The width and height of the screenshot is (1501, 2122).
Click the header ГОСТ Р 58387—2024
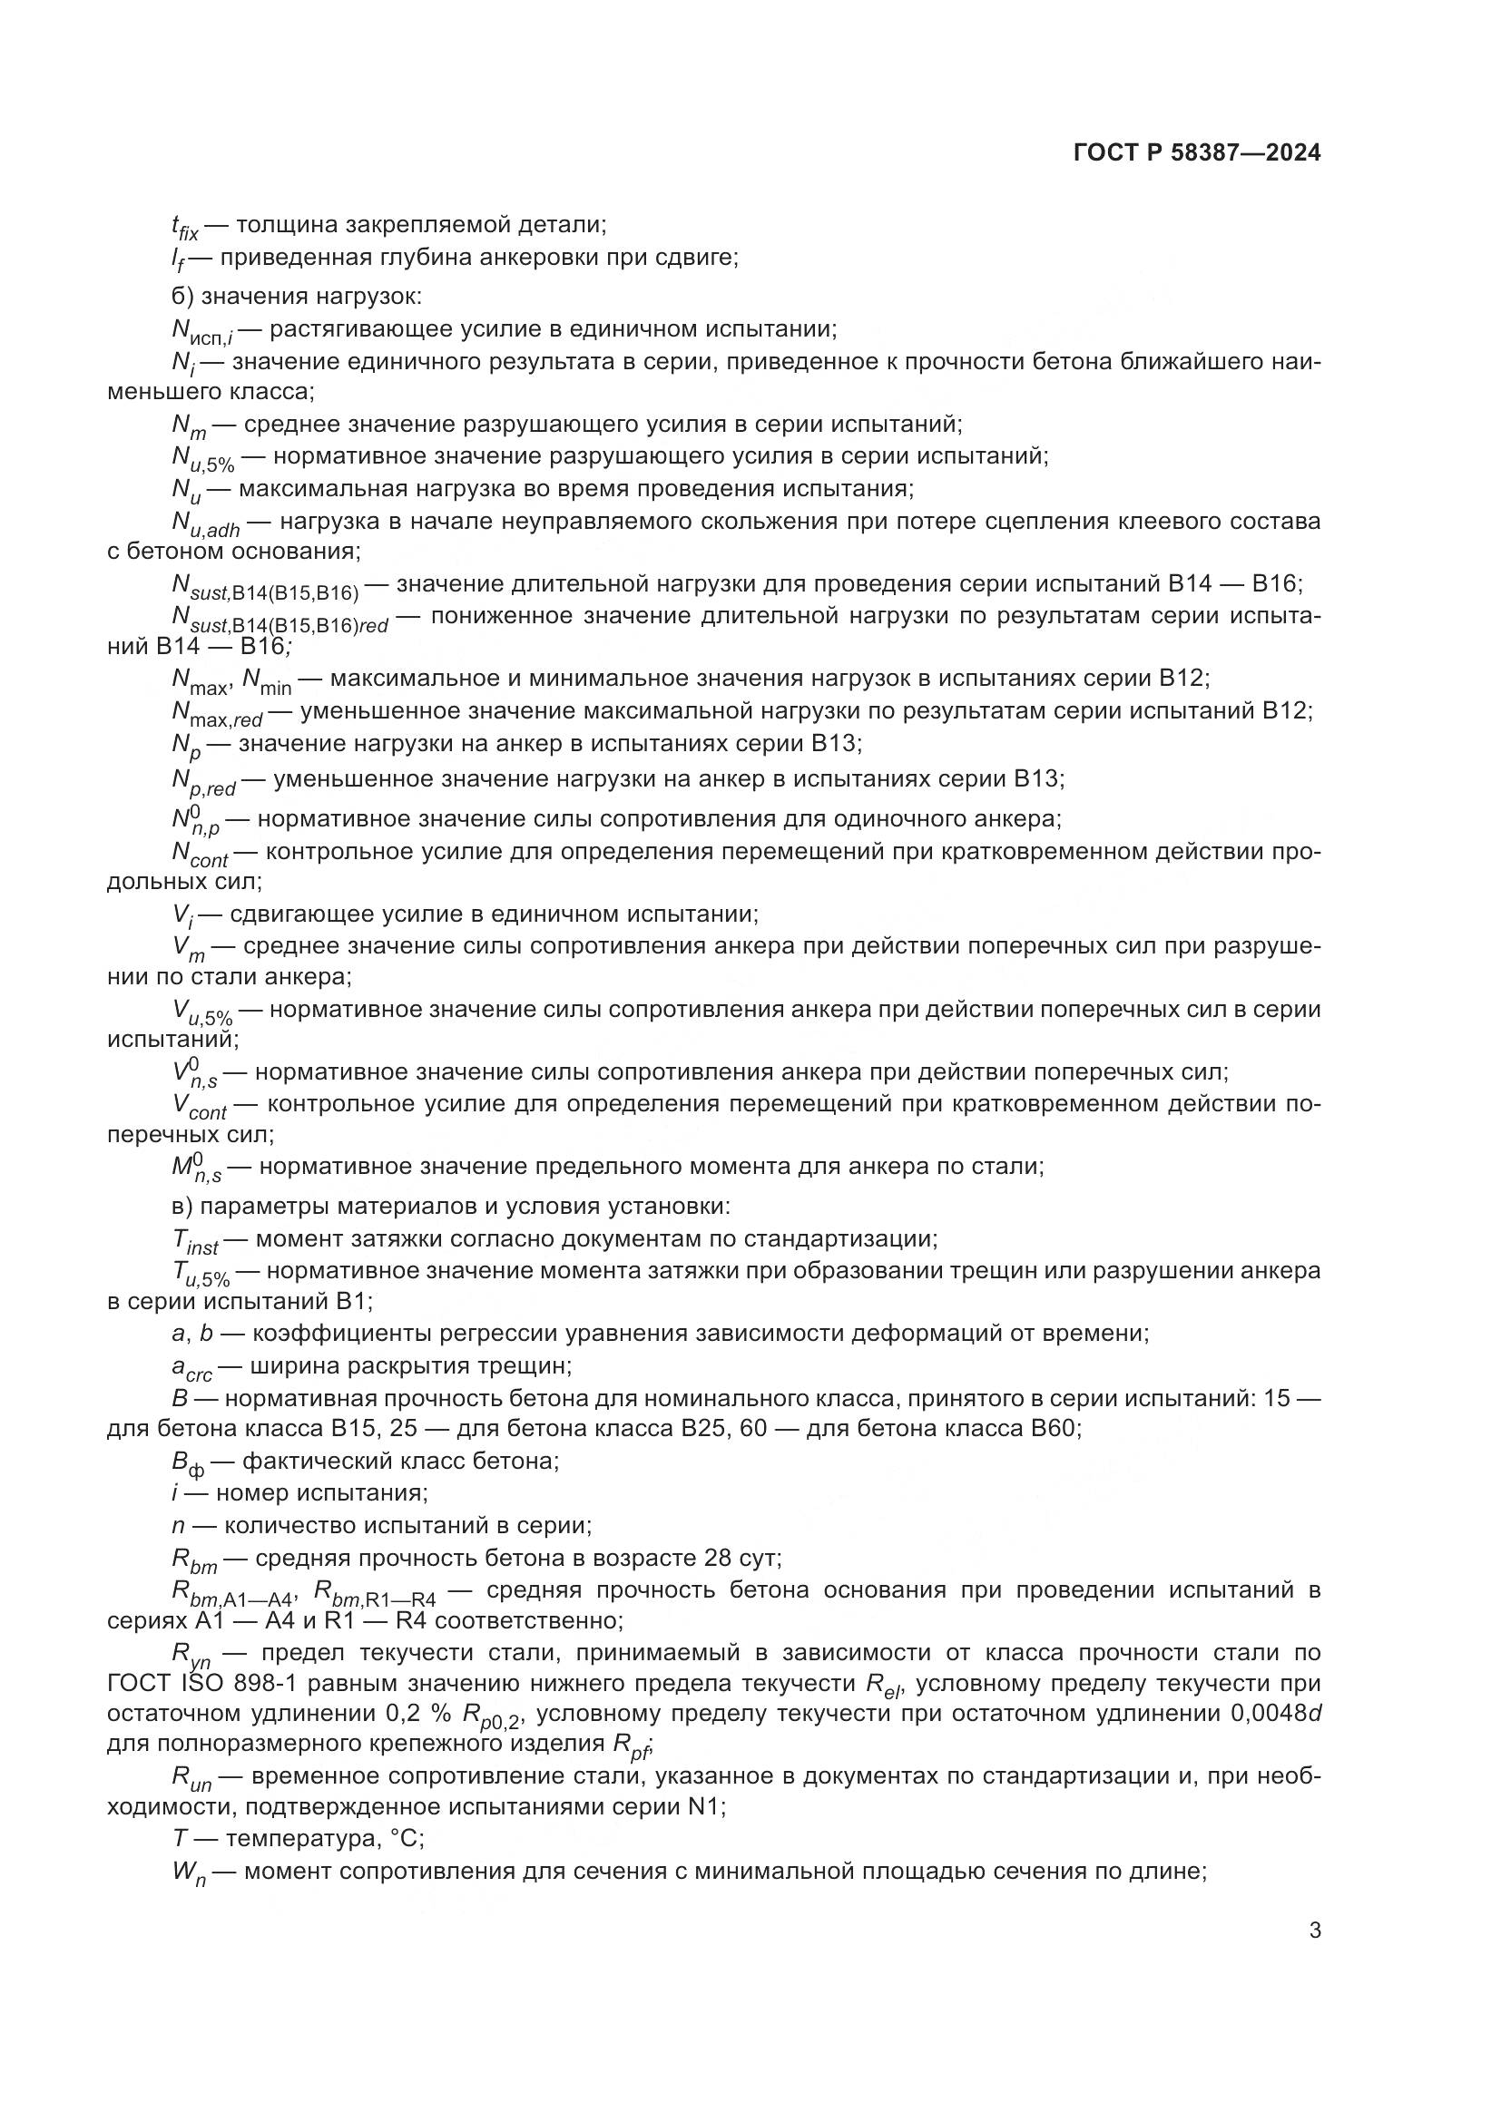coord(1197,153)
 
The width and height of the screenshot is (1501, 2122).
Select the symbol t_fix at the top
coord(185,228)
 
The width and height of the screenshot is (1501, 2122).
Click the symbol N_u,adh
coord(205,524)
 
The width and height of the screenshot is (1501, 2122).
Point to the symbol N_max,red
coord(216,713)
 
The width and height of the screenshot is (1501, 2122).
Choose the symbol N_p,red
coord(203,782)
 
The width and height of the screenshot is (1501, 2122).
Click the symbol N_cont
coord(200,855)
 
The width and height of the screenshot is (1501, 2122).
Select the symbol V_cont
coord(199,1107)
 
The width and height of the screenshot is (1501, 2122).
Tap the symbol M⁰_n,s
coord(196,1169)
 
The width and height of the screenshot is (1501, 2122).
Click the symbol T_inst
coord(195,1241)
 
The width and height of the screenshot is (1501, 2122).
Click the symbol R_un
coord(191,1779)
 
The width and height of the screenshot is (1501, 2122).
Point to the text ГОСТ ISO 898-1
coord(186,1683)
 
